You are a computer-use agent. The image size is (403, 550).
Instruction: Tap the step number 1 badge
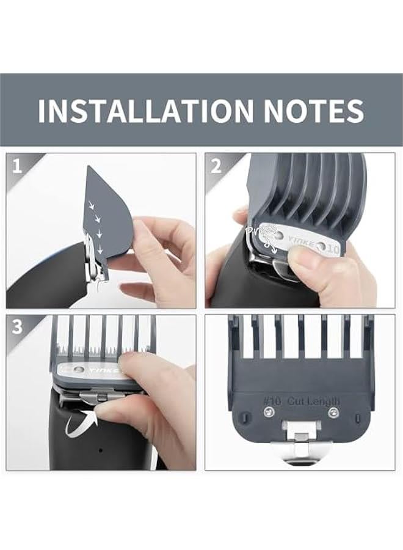point(17,166)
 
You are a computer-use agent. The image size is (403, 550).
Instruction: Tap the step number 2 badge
point(216,166)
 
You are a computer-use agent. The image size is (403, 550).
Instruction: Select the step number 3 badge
point(17,326)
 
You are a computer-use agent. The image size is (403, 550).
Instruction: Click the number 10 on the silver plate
point(333,249)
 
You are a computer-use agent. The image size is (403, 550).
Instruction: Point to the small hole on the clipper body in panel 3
point(101,451)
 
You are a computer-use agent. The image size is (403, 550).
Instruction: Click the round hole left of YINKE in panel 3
point(78,369)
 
